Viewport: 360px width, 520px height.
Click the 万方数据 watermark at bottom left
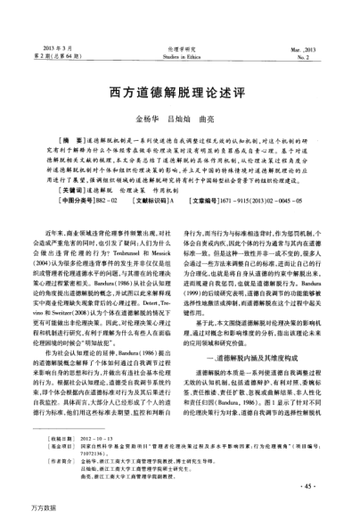click(23, 509)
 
